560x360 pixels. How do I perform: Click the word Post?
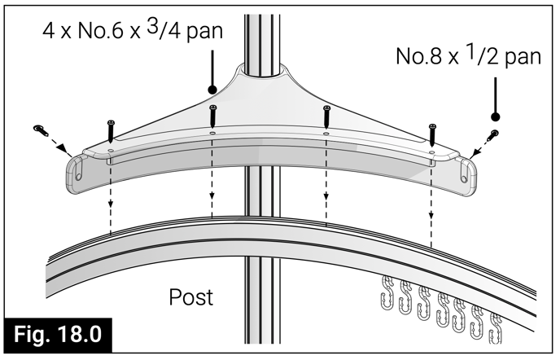[x=192, y=296]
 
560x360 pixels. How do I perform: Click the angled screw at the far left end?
[x=39, y=130]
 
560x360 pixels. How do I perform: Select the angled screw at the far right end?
[x=494, y=134]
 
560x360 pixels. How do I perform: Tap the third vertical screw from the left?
[x=326, y=116]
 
